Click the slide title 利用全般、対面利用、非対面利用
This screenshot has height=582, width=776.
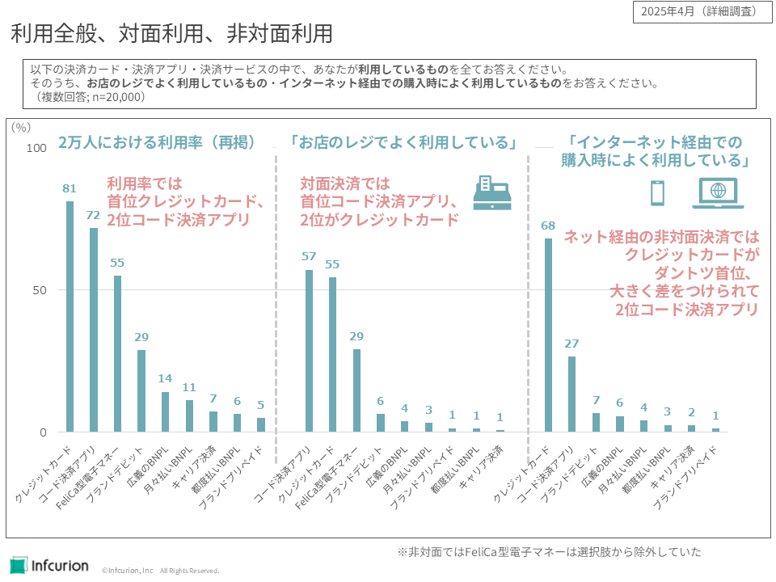pos(171,34)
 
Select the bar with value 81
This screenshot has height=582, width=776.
pos(70,316)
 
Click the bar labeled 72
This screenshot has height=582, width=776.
pos(94,330)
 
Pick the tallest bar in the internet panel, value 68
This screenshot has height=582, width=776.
pos(548,335)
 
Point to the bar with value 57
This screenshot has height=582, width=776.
pos(309,351)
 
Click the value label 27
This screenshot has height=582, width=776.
pos(571,344)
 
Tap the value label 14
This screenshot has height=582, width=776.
pos(166,379)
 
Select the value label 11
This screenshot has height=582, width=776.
pos(189,387)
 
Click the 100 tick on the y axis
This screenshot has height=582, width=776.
pos(36,148)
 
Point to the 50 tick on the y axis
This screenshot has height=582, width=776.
pos(40,290)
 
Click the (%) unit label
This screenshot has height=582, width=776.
pos(22,126)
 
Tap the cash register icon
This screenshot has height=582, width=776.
pos(492,192)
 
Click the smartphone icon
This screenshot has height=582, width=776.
pos(658,192)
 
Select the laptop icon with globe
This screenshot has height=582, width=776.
pos(717,193)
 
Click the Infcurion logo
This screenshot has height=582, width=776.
pos(49,565)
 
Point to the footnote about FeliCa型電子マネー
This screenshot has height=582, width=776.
pos(549,552)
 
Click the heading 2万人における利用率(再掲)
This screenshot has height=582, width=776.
pos(157,142)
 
